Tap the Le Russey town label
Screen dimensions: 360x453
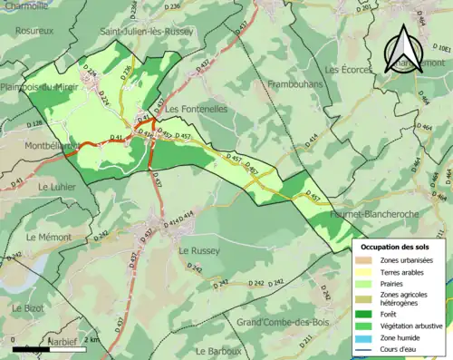tap(200, 249)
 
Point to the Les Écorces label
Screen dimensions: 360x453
tap(349, 69)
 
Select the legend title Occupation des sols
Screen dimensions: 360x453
tap(397, 247)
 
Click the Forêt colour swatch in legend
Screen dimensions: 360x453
tap(367, 315)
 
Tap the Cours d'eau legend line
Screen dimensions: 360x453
tap(367, 349)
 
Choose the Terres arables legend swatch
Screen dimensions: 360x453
tap(367, 270)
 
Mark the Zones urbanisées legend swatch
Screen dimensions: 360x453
tap(367, 260)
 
